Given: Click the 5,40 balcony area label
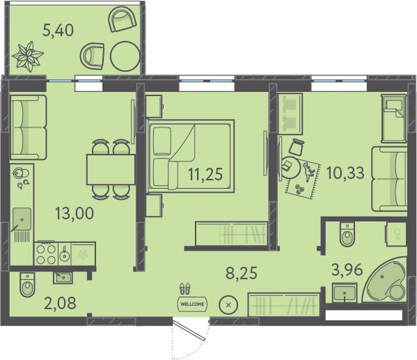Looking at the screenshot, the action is (x=58, y=30).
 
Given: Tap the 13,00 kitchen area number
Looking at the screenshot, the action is (x=74, y=213).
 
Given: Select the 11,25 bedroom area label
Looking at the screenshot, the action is (x=205, y=175).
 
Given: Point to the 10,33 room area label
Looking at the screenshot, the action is (x=345, y=173).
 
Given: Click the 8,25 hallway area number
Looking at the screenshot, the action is (x=241, y=273).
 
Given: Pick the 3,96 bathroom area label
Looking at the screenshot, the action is (x=347, y=270).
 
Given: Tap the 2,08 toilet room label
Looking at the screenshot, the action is (x=60, y=303).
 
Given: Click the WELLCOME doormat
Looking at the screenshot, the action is (x=192, y=304).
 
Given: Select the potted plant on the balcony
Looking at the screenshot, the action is (x=27, y=56).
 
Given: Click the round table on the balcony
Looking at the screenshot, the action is (x=125, y=56).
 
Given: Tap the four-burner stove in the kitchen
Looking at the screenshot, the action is (x=46, y=254).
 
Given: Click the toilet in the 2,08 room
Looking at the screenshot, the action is (x=27, y=285).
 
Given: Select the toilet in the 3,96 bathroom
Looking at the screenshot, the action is (x=347, y=235).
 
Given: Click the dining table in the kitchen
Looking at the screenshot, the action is (x=111, y=170).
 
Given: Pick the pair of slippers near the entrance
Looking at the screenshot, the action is (x=185, y=288).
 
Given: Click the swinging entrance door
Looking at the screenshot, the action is (x=190, y=331).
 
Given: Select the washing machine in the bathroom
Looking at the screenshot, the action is (x=396, y=234).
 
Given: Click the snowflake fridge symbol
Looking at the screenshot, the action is (x=84, y=254).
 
